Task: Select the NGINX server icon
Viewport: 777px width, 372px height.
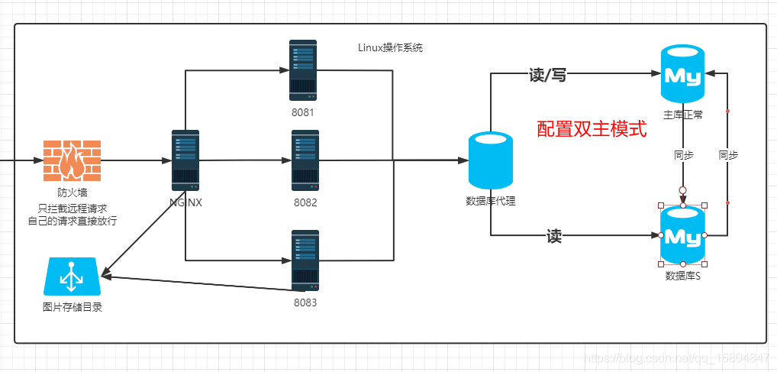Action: pos(185,160)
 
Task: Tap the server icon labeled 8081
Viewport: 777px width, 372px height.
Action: pos(303,71)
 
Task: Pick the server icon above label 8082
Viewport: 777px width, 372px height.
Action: pos(305,161)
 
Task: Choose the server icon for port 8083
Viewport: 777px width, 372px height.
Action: pos(305,260)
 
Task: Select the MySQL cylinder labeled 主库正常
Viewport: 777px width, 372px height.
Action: pos(683,73)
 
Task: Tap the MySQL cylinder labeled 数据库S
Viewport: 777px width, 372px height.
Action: pos(683,235)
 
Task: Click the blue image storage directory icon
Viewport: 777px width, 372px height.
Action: pos(72,277)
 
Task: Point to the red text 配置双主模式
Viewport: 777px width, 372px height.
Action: pos(592,129)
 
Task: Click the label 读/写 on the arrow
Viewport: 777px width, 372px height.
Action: pos(547,75)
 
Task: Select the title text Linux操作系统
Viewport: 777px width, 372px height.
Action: pos(390,47)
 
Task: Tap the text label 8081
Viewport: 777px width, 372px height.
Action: pos(304,112)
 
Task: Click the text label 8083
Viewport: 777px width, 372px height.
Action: pos(305,302)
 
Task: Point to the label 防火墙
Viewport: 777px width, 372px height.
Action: pos(72,192)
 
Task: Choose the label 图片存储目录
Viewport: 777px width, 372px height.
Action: pos(72,308)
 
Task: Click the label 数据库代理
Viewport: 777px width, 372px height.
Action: pos(491,201)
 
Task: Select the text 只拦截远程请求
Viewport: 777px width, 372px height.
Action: pos(72,208)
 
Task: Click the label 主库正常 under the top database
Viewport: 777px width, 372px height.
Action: pos(683,115)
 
